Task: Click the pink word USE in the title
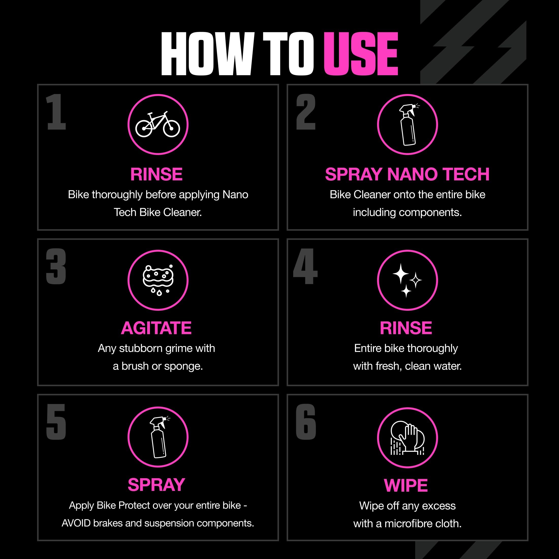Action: coord(361,54)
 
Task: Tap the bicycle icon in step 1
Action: coord(158,125)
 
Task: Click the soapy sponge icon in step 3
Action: coord(158,280)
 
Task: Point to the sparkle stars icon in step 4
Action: coord(407,280)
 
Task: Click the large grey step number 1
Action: coord(56,112)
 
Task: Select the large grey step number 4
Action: coord(305,266)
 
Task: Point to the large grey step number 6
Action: coord(306,422)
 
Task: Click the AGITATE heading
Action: coord(156,328)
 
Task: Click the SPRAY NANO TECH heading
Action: coord(407,174)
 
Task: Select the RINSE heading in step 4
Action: coord(406,328)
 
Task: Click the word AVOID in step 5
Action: coord(76,523)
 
